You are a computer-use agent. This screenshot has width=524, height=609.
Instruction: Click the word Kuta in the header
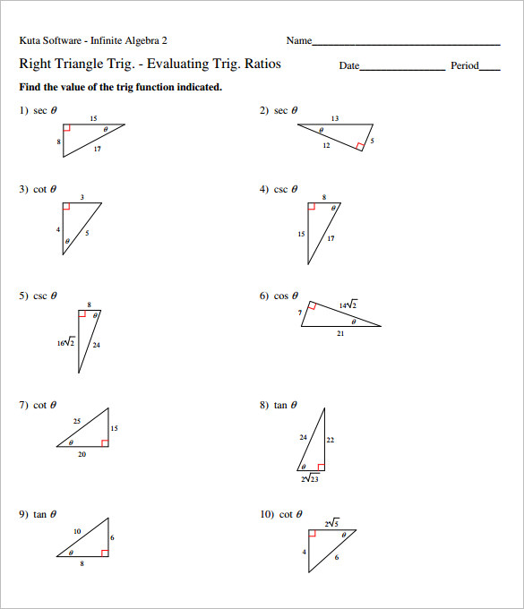[30, 40]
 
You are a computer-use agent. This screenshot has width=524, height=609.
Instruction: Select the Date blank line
[401, 69]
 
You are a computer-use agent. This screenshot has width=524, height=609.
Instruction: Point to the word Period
[464, 66]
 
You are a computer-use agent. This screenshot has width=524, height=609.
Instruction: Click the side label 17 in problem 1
[97, 149]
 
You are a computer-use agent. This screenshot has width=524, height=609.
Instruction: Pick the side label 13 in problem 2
[334, 118]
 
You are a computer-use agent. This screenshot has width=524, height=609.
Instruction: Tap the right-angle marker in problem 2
[359, 145]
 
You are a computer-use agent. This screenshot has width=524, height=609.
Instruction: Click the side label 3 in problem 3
[82, 197]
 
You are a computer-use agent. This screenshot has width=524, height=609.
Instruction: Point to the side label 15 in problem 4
[301, 235]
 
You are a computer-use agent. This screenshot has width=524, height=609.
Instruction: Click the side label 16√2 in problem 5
[65, 343]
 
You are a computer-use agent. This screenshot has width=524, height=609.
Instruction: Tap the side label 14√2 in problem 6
[348, 305]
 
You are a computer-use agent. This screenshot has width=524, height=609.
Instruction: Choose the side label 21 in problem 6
[340, 333]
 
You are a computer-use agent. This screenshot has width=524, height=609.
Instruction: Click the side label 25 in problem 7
[77, 420]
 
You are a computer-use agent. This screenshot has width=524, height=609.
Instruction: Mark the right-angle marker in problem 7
[105, 442]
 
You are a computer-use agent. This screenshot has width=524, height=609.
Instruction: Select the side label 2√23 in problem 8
[311, 479]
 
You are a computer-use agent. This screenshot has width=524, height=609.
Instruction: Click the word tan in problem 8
[280, 406]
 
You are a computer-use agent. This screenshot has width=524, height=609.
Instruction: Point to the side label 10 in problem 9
[77, 532]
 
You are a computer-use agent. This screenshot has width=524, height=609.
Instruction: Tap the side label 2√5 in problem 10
[331, 523]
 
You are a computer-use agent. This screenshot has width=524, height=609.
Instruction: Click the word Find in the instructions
[30, 88]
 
